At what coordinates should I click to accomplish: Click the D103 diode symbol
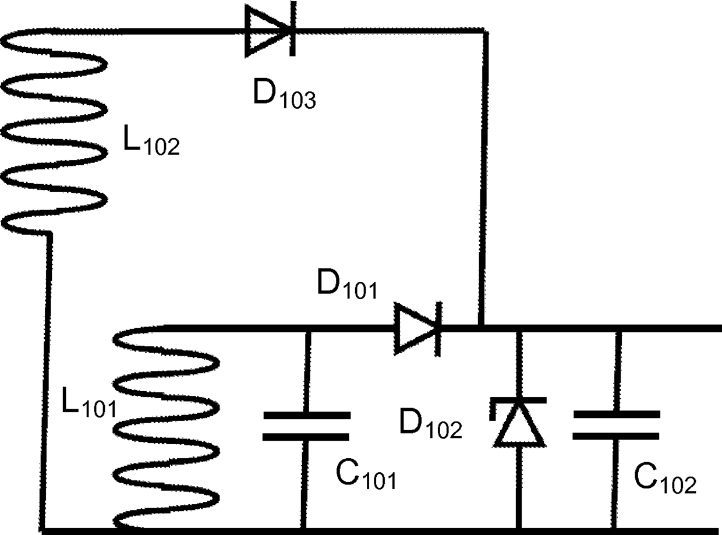270,30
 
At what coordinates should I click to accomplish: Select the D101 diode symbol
418,329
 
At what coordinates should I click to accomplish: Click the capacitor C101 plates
306,426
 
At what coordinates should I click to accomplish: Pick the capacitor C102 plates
616,425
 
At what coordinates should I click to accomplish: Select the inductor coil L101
166,428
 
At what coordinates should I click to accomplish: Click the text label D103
285,94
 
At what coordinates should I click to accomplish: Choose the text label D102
430,424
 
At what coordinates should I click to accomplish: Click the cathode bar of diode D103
293,29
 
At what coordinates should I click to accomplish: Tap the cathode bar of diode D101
438,329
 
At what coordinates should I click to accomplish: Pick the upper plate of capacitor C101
307,415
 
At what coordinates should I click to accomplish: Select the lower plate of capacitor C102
616,436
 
